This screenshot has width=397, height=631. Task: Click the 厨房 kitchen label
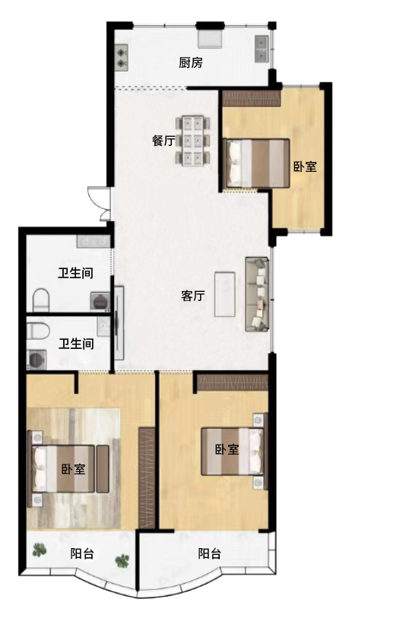tap(191, 63)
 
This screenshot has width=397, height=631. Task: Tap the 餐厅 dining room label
tap(164, 141)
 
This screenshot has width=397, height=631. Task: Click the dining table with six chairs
tap(193, 140)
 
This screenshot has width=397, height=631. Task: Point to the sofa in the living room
tap(258, 294)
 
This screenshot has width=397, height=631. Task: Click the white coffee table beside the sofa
tap(224, 293)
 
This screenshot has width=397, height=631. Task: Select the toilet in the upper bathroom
tap(42, 300)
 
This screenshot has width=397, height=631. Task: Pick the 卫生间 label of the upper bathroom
tap(76, 273)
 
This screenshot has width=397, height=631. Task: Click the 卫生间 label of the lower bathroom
tap(76, 344)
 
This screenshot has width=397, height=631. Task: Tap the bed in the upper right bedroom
tap(257, 162)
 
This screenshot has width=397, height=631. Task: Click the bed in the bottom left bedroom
tap(68, 469)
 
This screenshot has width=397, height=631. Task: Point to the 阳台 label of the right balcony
tap(210, 553)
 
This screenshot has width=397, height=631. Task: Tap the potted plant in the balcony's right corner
tap(122, 562)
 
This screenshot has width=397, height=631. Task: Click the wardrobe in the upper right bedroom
tap(251, 98)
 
